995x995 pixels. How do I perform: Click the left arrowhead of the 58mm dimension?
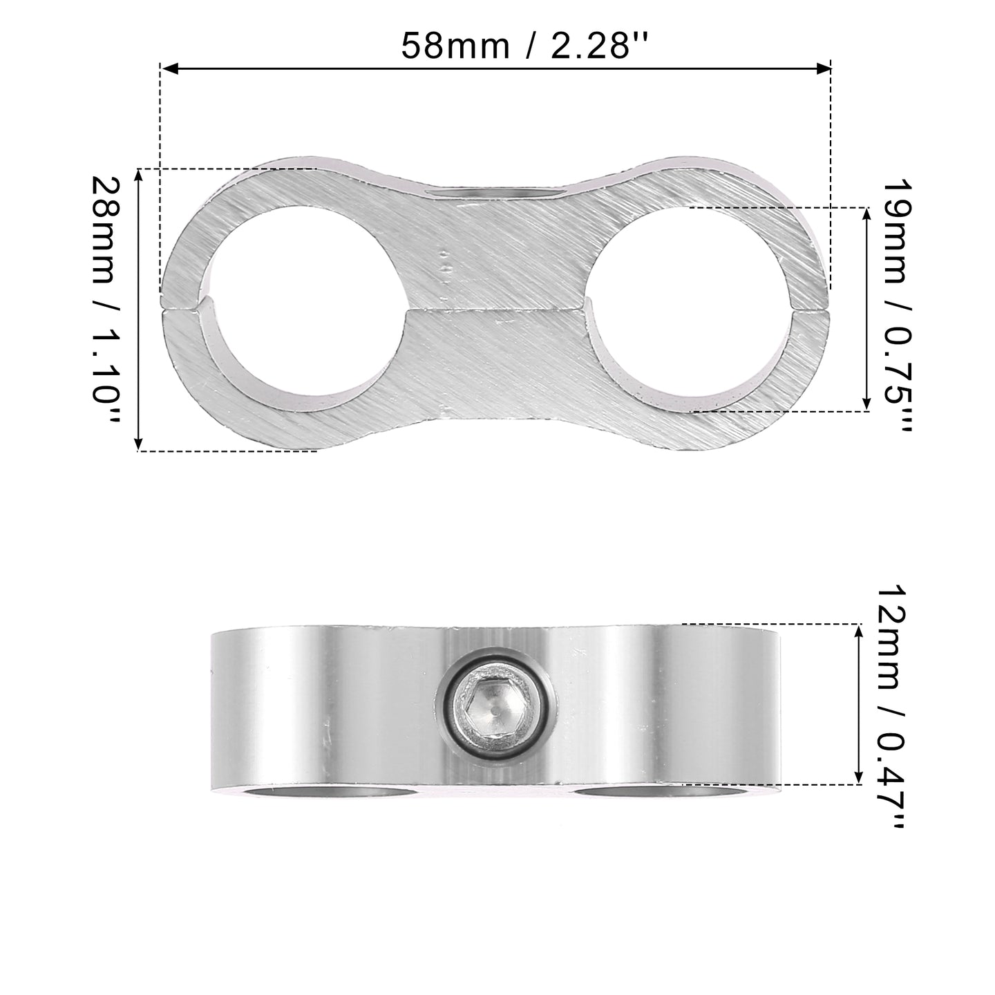click(169, 68)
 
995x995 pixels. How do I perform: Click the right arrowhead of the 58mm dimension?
click(822, 68)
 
